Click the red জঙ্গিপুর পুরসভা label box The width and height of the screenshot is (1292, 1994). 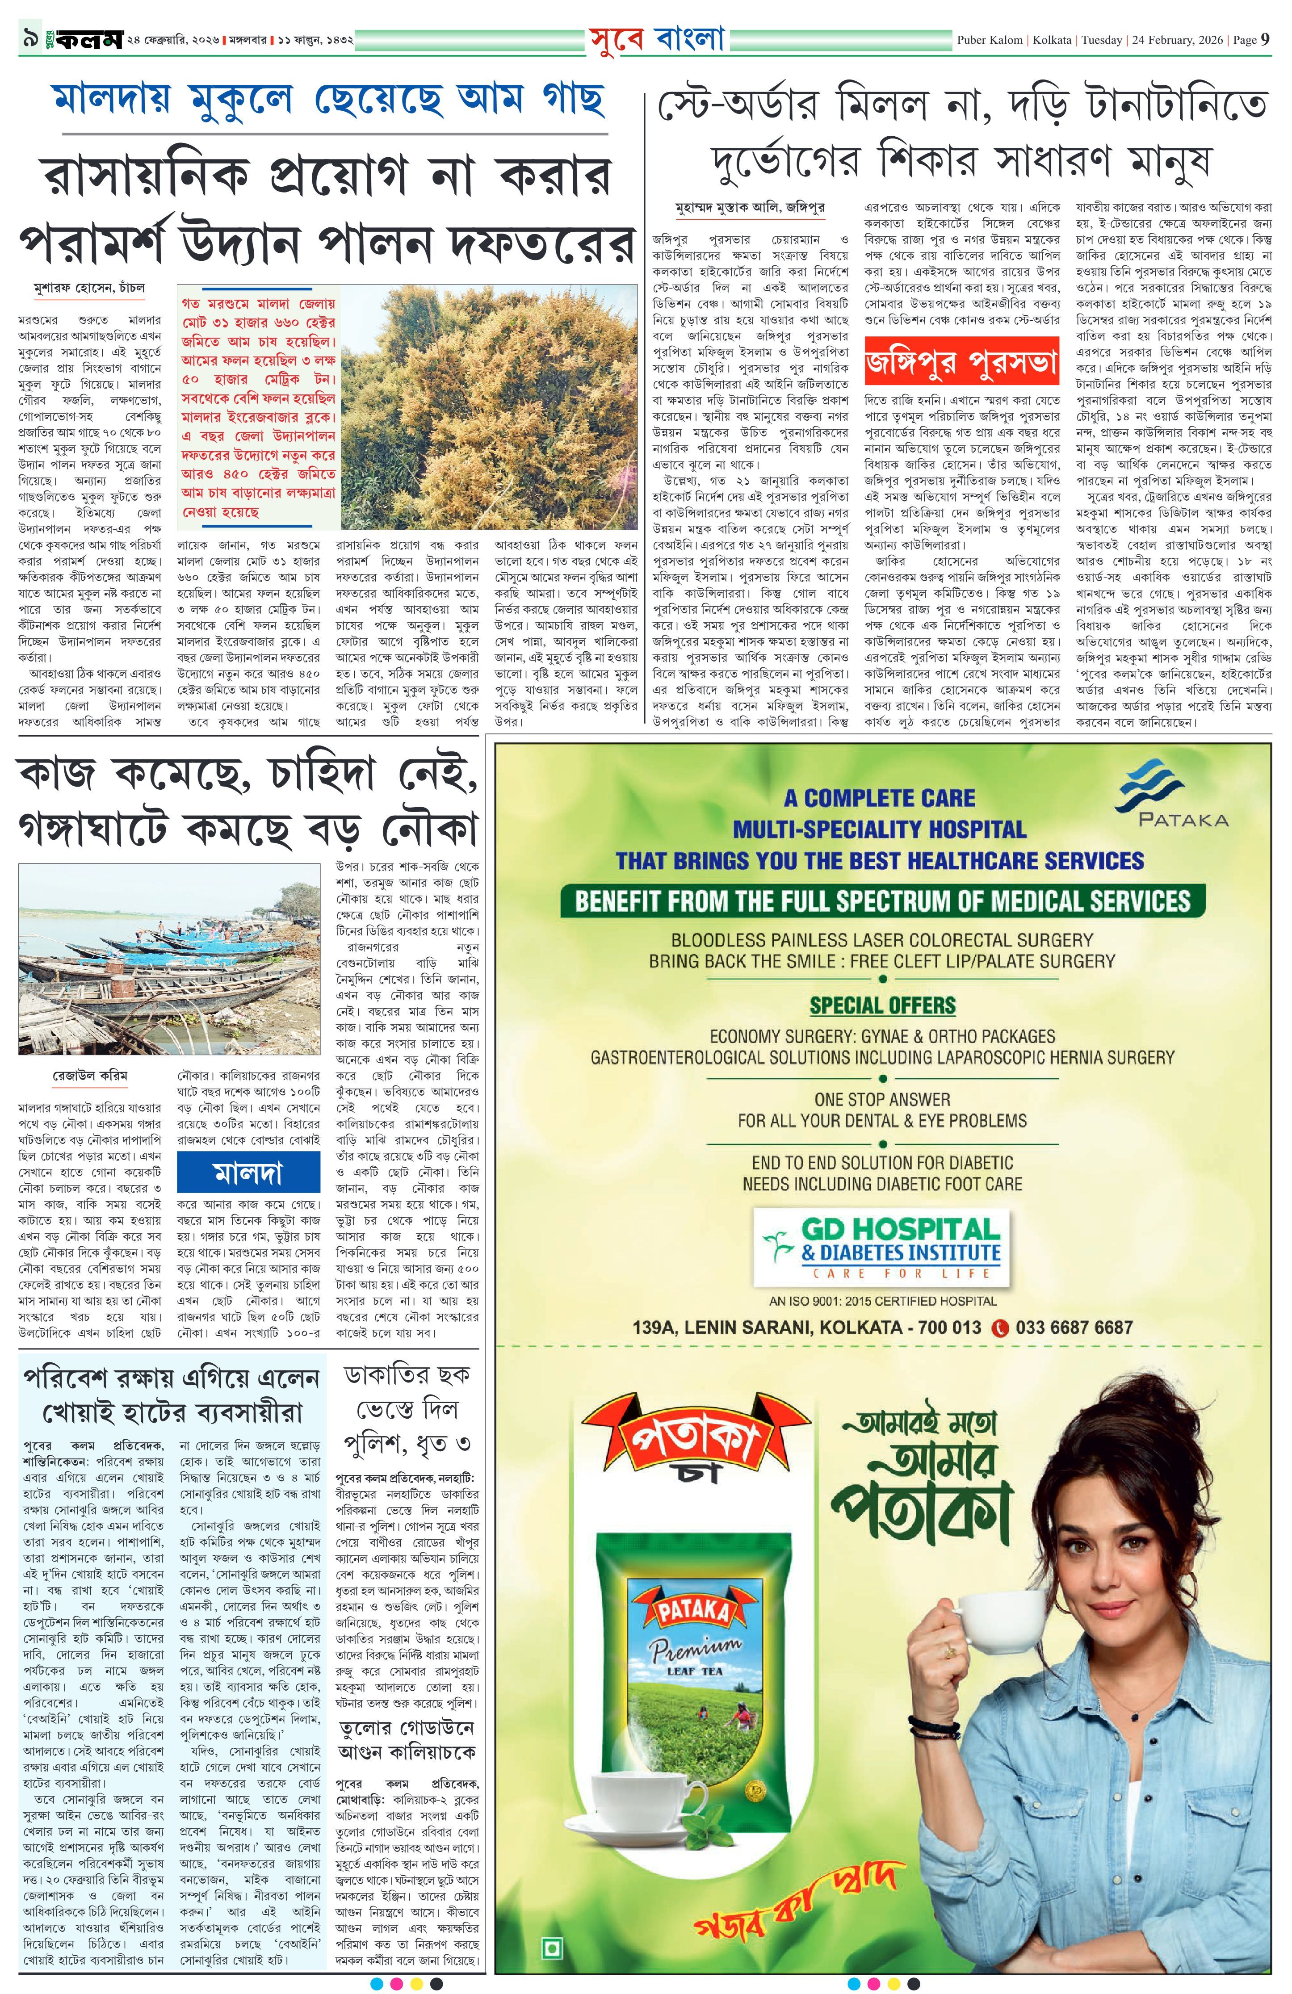tap(961, 363)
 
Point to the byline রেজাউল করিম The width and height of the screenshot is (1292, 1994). tap(90, 1075)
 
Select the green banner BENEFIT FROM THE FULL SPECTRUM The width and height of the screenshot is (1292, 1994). tap(881, 901)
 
